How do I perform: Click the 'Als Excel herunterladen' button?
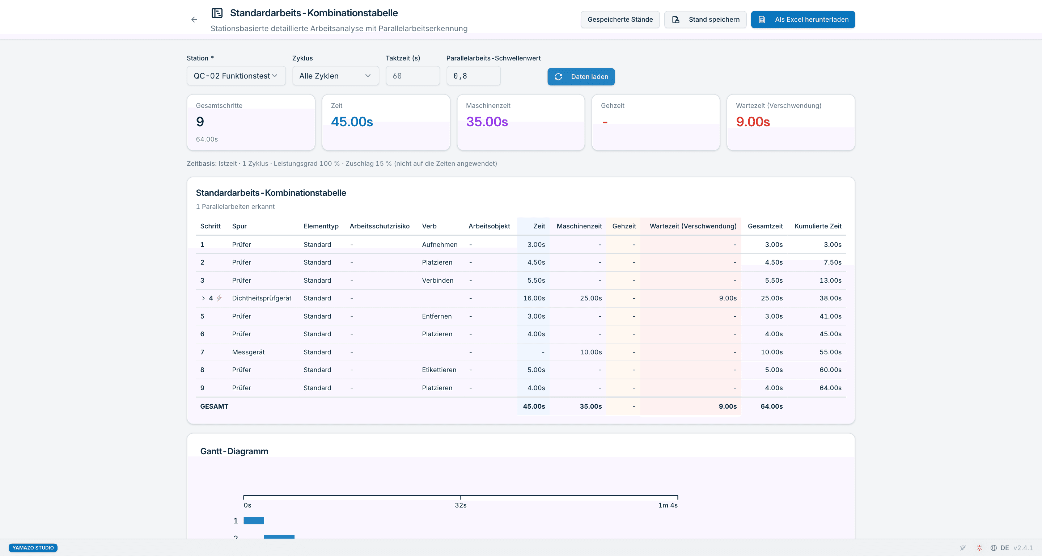point(803,20)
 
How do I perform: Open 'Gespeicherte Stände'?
point(620,20)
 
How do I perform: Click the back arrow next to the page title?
point(194,20)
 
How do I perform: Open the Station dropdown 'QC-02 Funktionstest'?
point(236,76)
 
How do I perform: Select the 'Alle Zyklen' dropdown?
point(336,76)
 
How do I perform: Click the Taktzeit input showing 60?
point(412,76)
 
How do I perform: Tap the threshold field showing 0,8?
point(473,76)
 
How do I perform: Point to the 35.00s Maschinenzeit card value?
point(487,121)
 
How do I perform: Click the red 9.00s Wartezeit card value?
point(753,121)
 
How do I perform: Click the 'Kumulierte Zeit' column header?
point(818,226)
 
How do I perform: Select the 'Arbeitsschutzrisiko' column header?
point(380,226)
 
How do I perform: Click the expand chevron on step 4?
point(203,298)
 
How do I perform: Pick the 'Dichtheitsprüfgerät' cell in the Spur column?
point(262,298)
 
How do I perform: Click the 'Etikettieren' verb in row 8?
point(439,370)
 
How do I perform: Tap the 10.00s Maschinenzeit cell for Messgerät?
point(591,352)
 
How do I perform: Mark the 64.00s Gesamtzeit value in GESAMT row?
point(772,406)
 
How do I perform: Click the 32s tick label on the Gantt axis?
point(461,505)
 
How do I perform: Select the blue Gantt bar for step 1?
point(254,521)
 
